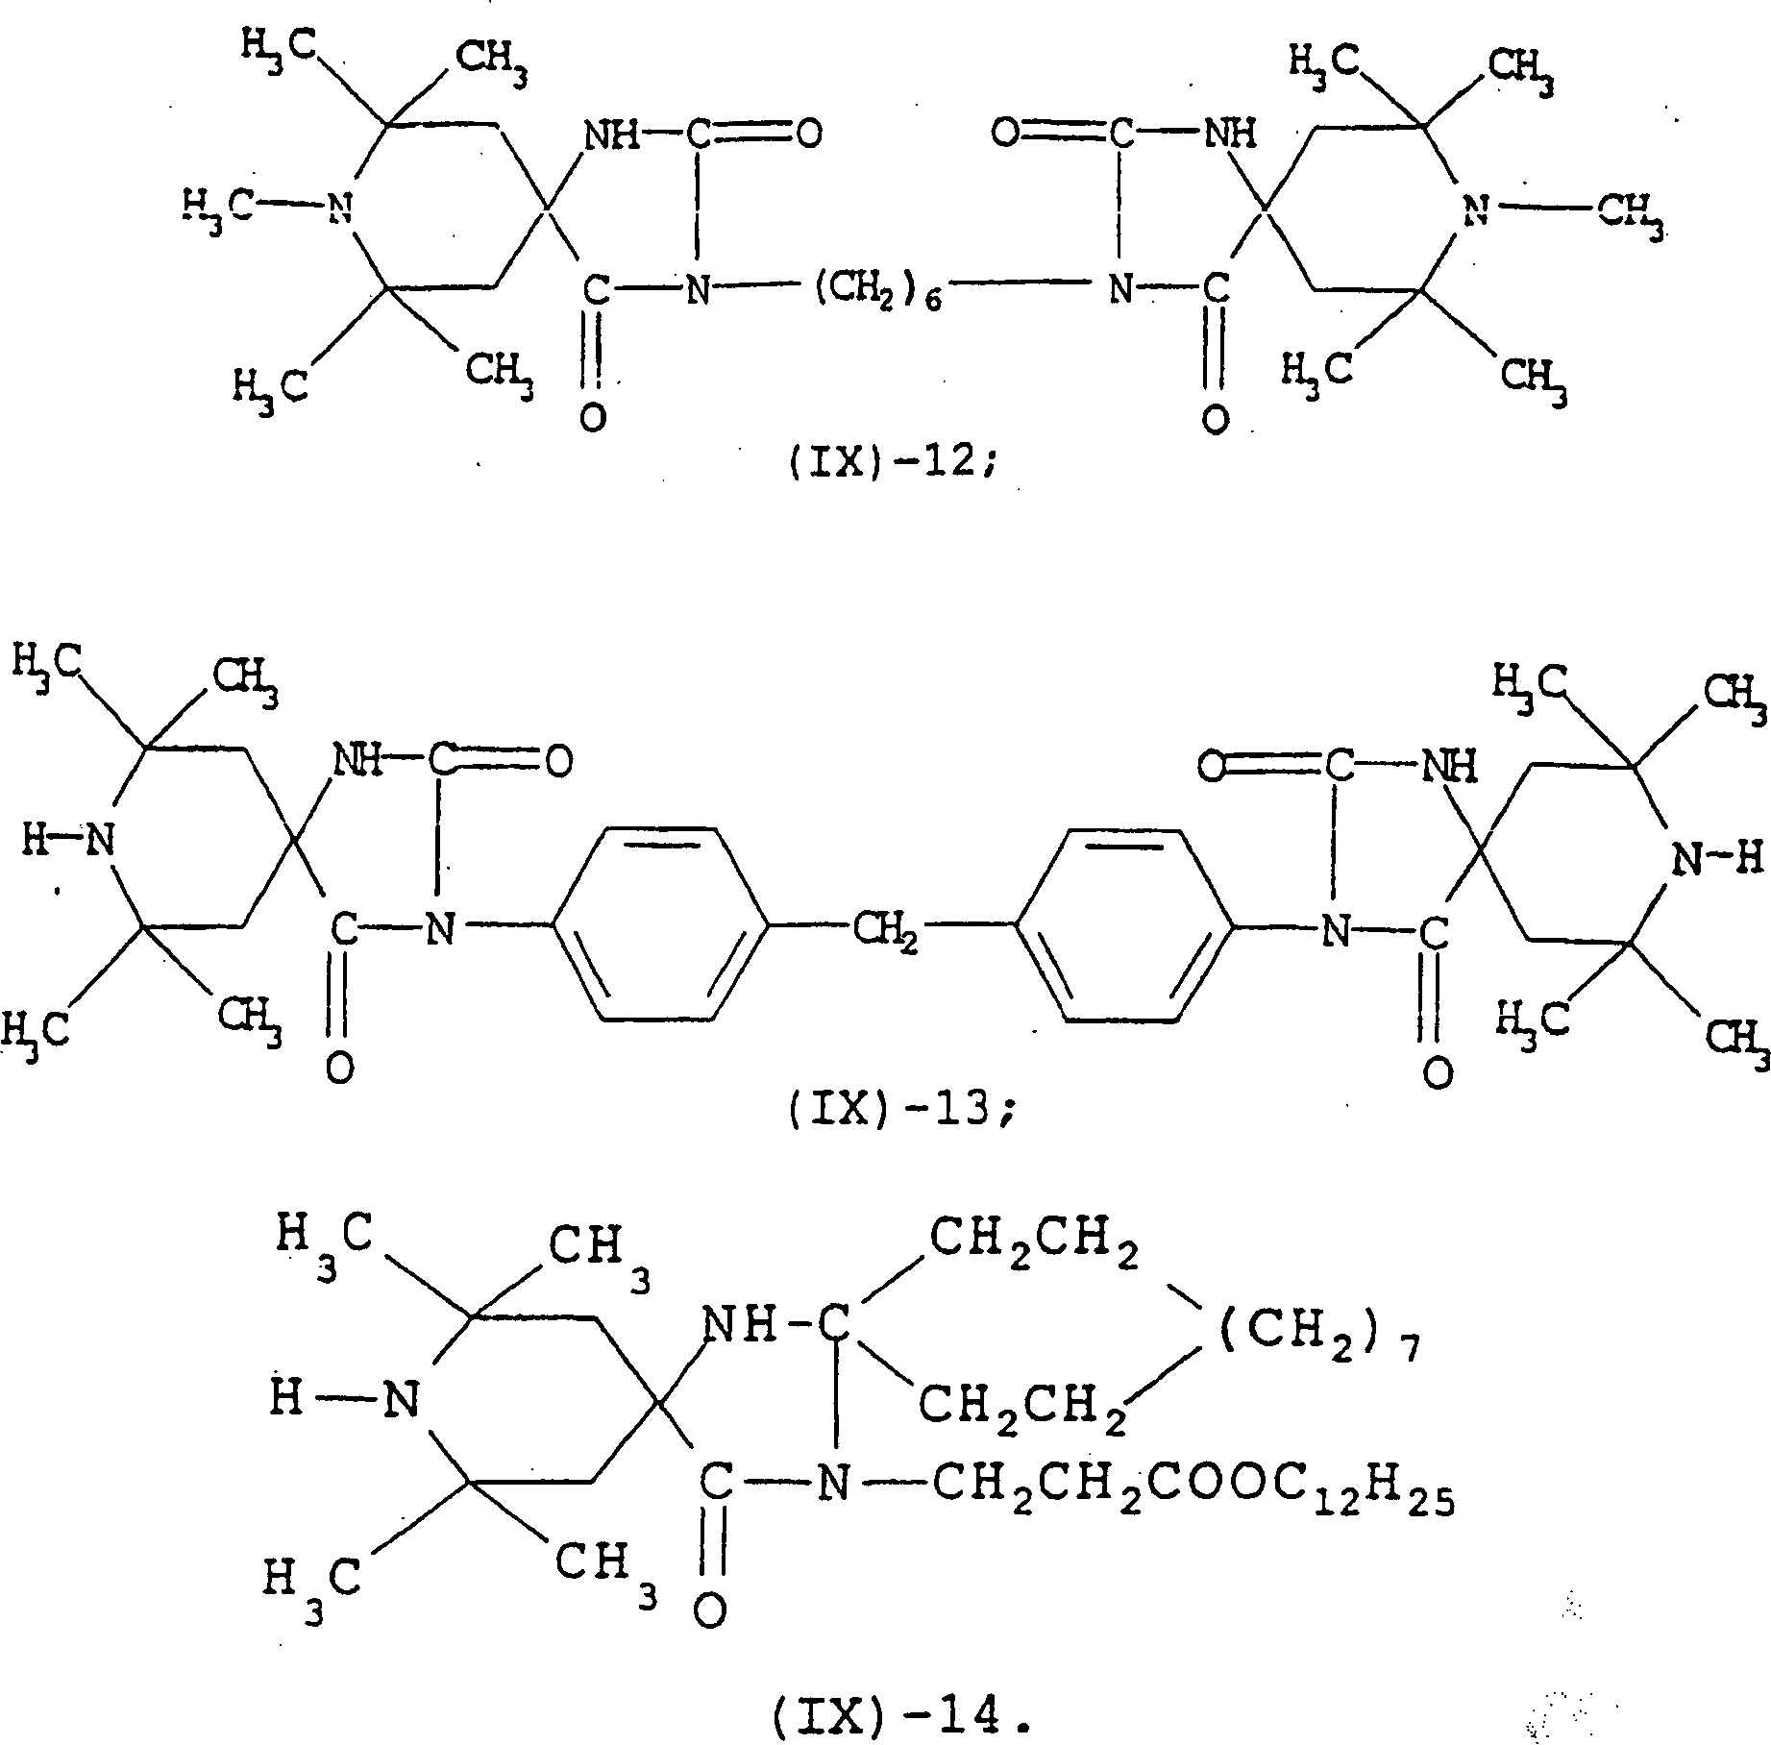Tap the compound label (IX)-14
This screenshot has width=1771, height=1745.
[902, 1718]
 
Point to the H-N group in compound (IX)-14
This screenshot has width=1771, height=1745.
[346, 1398]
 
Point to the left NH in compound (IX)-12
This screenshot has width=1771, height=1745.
[611, 135]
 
